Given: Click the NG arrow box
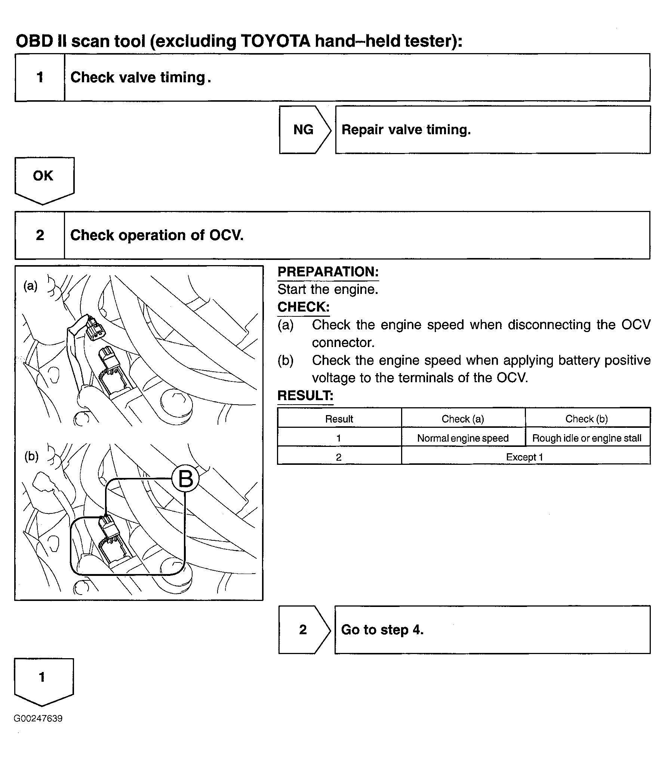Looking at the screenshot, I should (304, 130).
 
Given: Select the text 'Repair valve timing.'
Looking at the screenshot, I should (406, 130).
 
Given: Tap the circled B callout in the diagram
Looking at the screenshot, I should (185, 479).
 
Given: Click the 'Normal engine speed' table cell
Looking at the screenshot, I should (463, 438).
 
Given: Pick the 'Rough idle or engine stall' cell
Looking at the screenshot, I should (587, 438).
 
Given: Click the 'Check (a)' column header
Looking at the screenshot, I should (463, 419).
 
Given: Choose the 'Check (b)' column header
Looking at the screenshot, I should (587, 419).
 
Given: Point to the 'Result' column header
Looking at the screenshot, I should (339, 419).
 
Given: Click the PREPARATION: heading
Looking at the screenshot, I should (328, 272).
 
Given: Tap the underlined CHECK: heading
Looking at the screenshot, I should (304, 307).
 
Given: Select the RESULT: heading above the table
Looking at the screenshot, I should (305, 396).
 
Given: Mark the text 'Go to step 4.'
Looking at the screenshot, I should (382, 630).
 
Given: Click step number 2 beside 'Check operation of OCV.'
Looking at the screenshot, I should (40, 235).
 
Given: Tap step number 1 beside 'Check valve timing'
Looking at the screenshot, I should (40, 77).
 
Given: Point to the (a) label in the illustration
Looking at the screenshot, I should (31, 286).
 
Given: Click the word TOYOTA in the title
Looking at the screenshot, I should (275, 41).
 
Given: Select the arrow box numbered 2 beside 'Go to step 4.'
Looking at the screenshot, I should (303, 630).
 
